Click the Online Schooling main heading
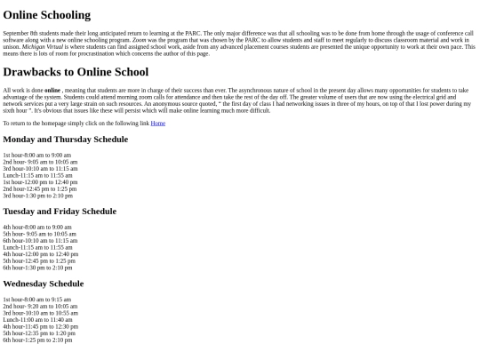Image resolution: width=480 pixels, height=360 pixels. [x=46, y=15]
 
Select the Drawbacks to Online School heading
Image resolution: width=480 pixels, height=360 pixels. [x=76, y=72]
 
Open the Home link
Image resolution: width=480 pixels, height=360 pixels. [x=157, y=124]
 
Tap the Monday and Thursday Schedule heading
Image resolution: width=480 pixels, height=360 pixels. [x=65, y=140]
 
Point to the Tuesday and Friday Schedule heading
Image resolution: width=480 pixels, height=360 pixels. [x=60, y=212]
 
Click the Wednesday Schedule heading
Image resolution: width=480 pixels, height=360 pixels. [x=43, y=284]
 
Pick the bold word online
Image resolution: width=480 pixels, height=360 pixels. [x=52, y=90]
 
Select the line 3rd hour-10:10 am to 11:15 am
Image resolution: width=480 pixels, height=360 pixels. [x=40, y=169]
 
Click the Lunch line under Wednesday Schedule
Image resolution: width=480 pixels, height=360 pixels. [x=38, y=320]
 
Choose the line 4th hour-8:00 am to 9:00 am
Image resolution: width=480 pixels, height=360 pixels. [x=37, y=228]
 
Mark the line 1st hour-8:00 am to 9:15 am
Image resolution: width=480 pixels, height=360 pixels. [x=37, y=300]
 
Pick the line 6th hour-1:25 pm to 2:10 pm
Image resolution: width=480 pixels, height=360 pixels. [x=37, y=340]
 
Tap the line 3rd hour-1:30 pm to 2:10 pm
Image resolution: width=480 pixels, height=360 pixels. [x=37, y=196]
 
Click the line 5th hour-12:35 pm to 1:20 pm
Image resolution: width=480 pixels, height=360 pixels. [x=39, y=333]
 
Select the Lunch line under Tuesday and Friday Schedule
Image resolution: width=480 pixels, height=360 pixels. [x=37, y=247]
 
